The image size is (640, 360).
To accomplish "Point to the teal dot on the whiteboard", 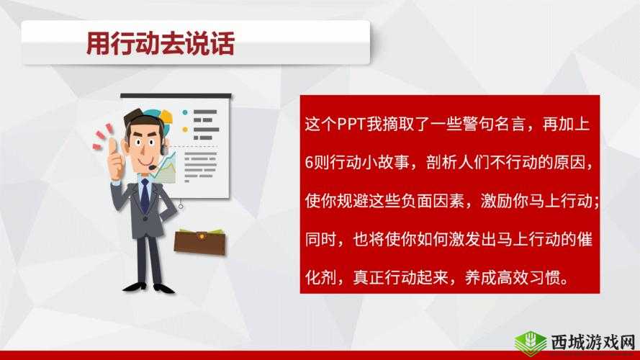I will click(185, 112).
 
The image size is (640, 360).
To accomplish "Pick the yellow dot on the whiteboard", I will click(185, 130).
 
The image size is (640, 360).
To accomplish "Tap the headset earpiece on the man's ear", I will click(165, 150).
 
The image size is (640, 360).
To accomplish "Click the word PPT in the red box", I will click(350, 124).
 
